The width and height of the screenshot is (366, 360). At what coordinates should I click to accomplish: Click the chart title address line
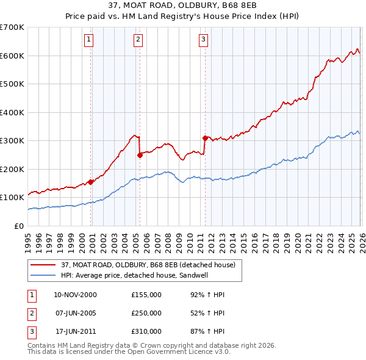[x=182, y=5]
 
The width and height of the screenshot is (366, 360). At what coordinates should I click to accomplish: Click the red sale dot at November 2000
[x=91, y=182]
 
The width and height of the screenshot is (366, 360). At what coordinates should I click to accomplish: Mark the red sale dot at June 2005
[x=140, y=155]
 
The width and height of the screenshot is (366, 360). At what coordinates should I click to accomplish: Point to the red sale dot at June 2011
[x=205, y=138]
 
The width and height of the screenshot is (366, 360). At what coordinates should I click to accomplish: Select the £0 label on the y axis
[x=20, y=226]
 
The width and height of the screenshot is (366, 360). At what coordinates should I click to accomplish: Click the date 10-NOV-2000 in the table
[x=75, y=295]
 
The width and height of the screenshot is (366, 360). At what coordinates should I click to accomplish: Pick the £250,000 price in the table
[x=146, y=313]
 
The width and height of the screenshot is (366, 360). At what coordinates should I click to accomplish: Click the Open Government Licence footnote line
[x=129, y=352]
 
